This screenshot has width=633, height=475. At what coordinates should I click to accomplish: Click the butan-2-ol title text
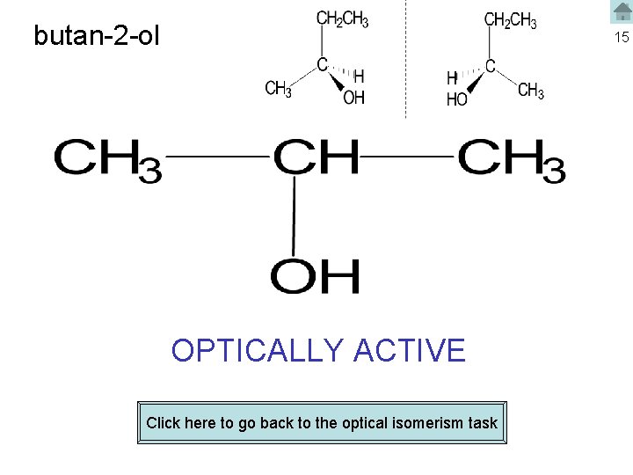click(97, 36)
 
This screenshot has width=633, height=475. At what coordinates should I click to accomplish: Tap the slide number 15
click(622, 37)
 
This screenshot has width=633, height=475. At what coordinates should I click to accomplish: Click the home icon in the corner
click(622, 11)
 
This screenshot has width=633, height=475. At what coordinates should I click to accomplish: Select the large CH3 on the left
click(107, 159)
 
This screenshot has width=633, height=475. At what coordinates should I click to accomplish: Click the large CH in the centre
click(316, 158)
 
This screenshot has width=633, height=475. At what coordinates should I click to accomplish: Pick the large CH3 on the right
click(511, 159)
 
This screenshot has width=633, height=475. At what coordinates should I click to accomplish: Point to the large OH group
click(315, 276)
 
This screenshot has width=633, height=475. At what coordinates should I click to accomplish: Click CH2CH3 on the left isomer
click(342, 19)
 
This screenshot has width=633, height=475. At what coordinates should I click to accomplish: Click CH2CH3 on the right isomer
click(510, 19)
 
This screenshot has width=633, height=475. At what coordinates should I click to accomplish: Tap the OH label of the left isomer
click(353, 98)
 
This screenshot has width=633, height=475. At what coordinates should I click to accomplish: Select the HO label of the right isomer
click(457, 100)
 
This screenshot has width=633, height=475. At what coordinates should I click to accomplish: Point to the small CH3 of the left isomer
click(279, 89)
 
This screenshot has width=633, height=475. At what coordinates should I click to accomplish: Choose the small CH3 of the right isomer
click(531, 91)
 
